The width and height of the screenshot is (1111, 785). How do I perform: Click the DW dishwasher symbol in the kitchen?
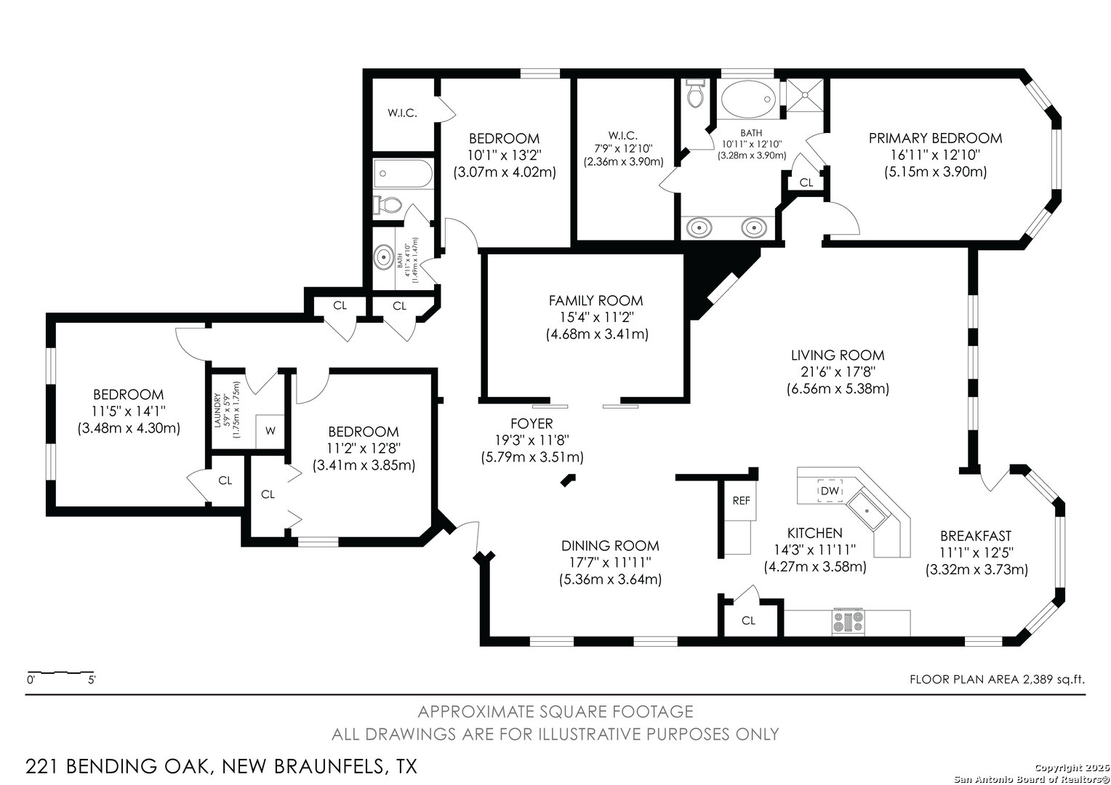click(x=830, y=491)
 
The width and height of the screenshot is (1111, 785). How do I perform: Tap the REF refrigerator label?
click(x=741, y=501)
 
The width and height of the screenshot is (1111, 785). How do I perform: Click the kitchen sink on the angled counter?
click(x=867, y=510)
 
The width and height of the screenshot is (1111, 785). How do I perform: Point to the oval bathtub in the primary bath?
click(x=748, y=99)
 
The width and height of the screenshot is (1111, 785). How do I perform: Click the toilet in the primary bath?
click(x=695, y=94)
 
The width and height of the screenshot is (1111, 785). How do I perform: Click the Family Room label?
click(x=595, y=300)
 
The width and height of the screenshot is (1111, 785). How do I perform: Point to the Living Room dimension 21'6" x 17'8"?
click(x=838, y=371)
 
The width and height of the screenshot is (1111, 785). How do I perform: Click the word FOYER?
click(x=532, y=424)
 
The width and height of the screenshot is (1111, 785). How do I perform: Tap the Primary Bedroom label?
click(x=936, y=138)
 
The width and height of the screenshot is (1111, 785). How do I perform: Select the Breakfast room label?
click(x=976, y=536)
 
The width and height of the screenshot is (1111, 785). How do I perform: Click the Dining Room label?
click(x=610, y=546)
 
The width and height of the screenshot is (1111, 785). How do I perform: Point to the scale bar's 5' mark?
click(x=92, y=680)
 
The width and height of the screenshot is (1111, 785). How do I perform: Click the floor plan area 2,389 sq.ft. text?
click(x=997, y=680)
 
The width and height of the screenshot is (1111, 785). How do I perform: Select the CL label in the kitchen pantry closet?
click(x=748, y=620)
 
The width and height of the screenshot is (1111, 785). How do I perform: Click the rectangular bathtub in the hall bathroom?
click(x=403, y=174)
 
